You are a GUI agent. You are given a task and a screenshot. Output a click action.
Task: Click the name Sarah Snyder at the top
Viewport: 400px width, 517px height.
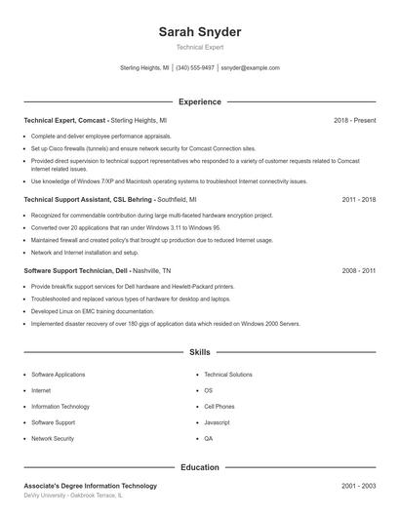coord(199,32)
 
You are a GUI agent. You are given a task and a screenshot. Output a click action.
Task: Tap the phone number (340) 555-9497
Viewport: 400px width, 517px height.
coord(195,68)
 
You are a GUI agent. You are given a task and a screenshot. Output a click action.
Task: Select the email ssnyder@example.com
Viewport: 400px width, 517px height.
coord(250,68)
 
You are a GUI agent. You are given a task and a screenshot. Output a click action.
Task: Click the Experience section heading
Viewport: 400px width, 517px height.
coord(199,101)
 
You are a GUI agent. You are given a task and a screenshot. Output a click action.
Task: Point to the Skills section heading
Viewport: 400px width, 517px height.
coord(199,351)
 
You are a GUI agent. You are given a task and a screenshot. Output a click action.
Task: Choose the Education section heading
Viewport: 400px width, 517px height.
coord(199,467)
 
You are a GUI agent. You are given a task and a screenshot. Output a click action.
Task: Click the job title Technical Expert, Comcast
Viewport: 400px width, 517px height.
coord(65,120)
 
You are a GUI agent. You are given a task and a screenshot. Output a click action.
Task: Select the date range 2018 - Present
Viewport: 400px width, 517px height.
coord(354,120)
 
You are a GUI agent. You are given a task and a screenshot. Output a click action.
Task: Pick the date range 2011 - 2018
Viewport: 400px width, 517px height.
coord(359,199)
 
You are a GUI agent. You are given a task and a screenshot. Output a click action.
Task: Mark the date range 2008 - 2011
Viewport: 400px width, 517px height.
coord(359,270)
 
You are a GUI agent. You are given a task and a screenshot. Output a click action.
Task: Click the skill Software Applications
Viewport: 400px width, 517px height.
coord(58,375)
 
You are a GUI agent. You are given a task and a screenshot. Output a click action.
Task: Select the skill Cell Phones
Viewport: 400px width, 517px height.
coord(219,407)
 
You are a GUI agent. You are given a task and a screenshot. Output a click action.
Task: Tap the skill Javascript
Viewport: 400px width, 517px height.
coord(217,422)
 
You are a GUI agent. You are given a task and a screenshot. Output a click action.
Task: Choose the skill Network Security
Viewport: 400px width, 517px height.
coord(53,439)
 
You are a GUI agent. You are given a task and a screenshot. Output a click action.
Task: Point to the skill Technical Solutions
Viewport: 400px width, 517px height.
coord(228,375)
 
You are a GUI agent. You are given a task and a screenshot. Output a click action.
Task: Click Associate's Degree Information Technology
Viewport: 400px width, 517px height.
coord(90,486)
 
